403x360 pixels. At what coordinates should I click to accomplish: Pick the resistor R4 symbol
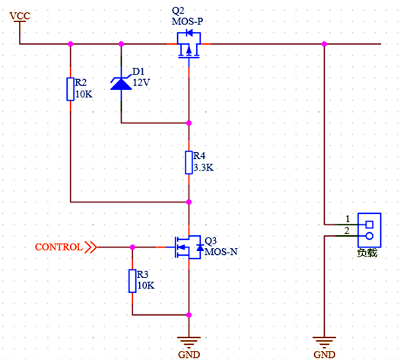(189, 161)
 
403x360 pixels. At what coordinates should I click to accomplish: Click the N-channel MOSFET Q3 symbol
(187, 247)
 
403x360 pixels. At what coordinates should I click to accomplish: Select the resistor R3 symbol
(133, 281)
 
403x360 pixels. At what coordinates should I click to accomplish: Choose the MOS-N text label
(221, 251)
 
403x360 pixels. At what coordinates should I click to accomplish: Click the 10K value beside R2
(84, 94)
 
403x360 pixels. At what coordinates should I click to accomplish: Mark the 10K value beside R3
(145, 286)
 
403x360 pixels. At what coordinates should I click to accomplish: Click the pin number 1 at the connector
(347, 218)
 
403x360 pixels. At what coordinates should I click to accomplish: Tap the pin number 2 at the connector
(347, 230)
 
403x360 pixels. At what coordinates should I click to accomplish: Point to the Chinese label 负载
(367, 253)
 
